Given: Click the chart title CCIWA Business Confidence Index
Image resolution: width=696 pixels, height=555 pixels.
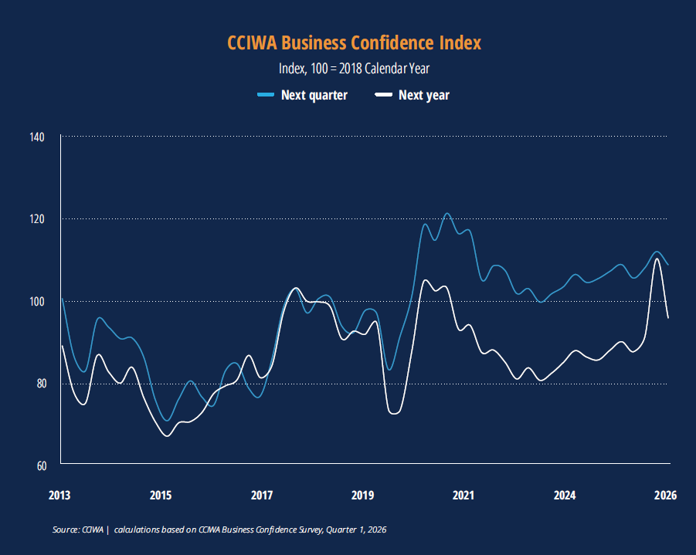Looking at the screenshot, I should (x=354, y=42).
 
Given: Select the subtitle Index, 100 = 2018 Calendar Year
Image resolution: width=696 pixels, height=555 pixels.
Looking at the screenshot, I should (x=354, y=69).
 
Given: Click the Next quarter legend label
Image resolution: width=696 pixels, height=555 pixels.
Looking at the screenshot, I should (x=314, y=96).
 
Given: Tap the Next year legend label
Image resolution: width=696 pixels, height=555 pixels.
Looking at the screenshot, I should (x=423, y=96).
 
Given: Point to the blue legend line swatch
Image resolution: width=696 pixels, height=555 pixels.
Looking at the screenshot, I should (x=266, y=96).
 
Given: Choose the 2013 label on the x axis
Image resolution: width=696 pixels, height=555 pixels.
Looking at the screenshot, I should (x=60, y=496).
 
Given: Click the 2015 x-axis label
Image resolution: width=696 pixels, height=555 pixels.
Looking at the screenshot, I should (x=161, y=496).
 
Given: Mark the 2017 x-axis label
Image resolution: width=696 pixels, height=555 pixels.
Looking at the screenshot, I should (x=262, y=496).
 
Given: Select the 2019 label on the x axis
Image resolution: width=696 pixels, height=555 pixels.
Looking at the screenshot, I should (x=362, y=496).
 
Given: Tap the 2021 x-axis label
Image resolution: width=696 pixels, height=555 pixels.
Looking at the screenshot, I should (x=463, y=496).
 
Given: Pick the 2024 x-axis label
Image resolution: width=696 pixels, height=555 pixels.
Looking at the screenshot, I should (x=565, y=496).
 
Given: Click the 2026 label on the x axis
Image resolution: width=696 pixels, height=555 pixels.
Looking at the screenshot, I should (x=665, y=496).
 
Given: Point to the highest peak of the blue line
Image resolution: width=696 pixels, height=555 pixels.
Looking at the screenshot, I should (x=447, y=214).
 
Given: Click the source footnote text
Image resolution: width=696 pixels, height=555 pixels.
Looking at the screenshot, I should (x=219, y=530).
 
